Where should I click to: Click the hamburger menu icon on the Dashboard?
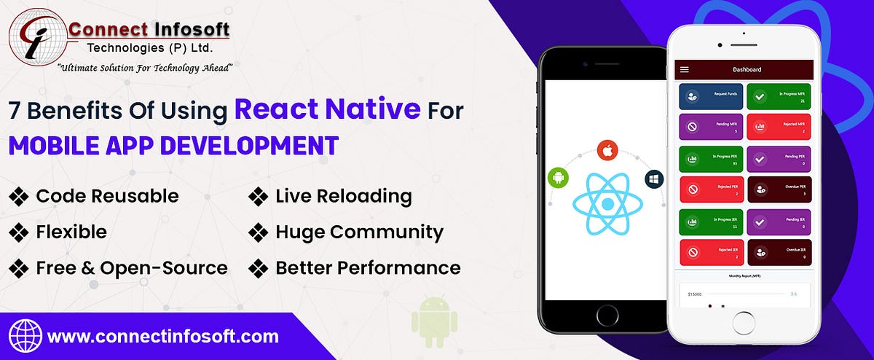point(684,69)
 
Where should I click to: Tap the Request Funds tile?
point(711,97)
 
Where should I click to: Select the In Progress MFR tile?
point(779,97)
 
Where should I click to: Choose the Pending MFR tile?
point(711,128)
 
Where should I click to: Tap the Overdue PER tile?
point(779,191)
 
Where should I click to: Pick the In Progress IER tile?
point(711,221)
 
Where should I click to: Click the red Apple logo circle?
point(607,151)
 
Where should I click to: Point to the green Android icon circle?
point(558,176)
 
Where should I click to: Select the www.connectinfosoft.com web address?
point(162,337)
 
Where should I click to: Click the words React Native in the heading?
point(327,109)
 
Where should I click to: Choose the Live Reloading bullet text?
point(343,196)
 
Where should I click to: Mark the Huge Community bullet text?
point(359,232)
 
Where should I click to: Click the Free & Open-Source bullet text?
point(131,267)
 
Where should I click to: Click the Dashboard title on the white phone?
point(747,69)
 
